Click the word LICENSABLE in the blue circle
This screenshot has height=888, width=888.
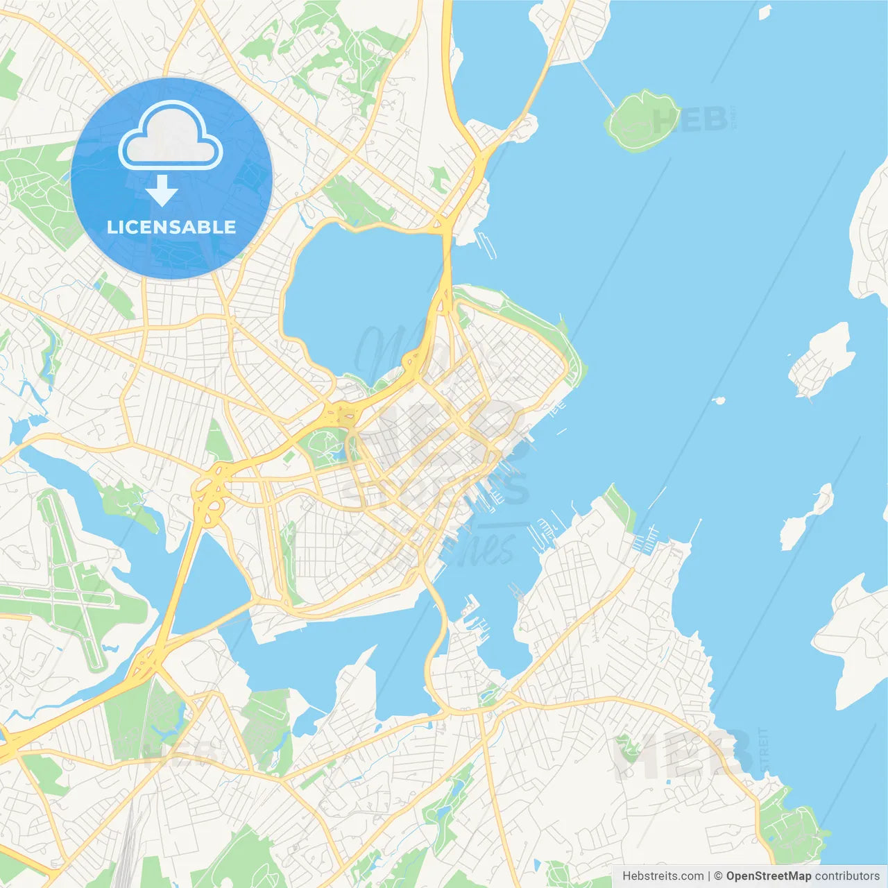171,228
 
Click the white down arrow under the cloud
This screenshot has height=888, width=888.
162,190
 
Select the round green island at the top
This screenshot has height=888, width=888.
640,121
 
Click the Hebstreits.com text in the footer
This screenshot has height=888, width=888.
663,876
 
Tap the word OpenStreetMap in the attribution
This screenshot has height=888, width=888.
769,876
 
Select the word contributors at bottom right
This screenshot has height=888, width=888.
847,876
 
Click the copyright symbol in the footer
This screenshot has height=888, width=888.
718,876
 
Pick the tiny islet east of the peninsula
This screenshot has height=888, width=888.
719,400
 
